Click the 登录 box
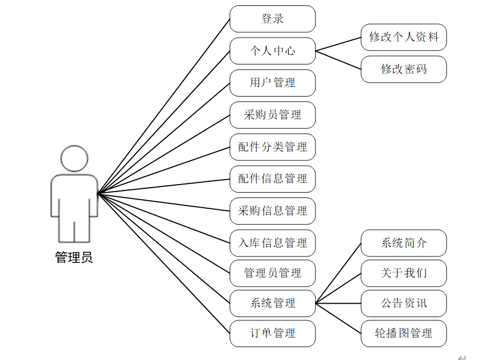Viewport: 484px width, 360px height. tap(273, 19)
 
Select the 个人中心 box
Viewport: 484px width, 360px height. tap(273, 51)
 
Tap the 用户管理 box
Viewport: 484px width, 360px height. tap(273, 83)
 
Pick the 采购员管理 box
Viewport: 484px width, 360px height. tap(273, 115)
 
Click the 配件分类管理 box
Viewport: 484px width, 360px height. tap(273, 147)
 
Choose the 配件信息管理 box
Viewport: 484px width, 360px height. tap(273, 179)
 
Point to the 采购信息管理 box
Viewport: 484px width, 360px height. tap(273, 211)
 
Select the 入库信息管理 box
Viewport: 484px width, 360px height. tap(273, 243)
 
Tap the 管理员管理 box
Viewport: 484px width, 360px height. tap(273, 273)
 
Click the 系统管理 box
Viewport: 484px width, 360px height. tap(273, 303)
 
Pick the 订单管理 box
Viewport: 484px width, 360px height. tap(273, 333)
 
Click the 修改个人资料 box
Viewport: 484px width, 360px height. tap(404, 38)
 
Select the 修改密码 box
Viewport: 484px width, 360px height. tap(404, 69)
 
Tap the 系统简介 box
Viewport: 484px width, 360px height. tap(404, 243)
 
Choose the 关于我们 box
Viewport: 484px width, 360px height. tap(404, 273)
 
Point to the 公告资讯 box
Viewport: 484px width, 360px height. tap(404, 303)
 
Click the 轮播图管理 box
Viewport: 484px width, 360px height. tap(404, 333)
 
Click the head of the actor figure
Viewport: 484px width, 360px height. tap(74, 158)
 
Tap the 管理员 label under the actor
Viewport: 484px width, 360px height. tap(74, 258)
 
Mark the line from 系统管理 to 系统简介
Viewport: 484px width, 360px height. tap(338, 273)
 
